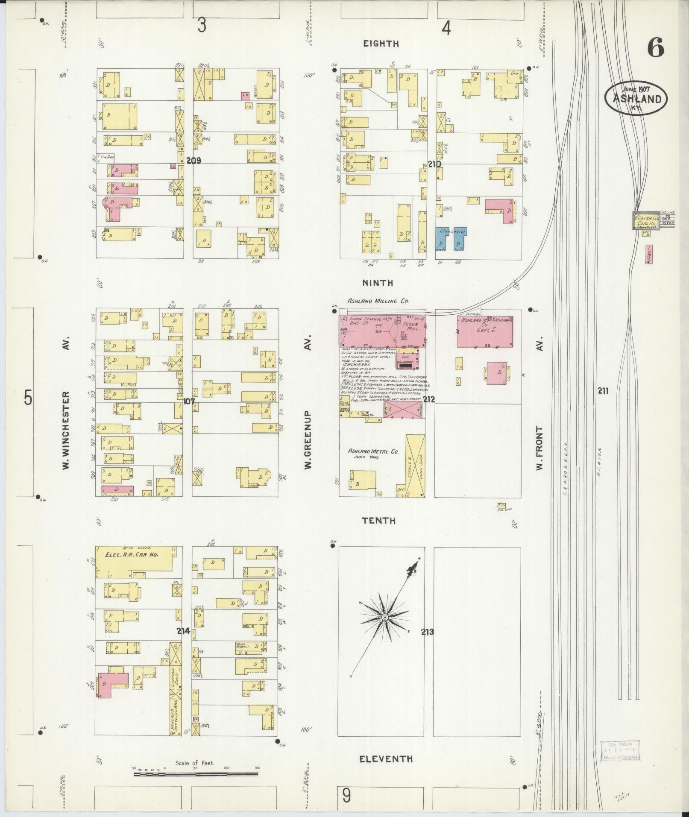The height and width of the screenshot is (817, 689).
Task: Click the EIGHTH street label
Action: click(x=381, y=43)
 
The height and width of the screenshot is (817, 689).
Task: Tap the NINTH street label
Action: click(x=378, y=283)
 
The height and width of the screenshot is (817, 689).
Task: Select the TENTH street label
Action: click(x=379, y=521)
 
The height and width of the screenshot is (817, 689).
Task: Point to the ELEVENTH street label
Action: click(x=386, y=758)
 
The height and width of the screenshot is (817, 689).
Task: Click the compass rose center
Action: click(x=384, y=618)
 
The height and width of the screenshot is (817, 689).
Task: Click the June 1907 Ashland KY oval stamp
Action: click(x=636, y=98)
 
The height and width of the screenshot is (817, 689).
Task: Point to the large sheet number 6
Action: click(x=655, y=48)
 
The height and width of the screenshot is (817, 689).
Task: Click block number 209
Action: click(x=194, y=161)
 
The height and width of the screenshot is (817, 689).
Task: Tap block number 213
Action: click(x=427, y=632)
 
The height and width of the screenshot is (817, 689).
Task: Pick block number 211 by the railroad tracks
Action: click(x=603, y=390)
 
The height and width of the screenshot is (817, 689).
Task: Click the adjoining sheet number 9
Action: click(x=346, y=796)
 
